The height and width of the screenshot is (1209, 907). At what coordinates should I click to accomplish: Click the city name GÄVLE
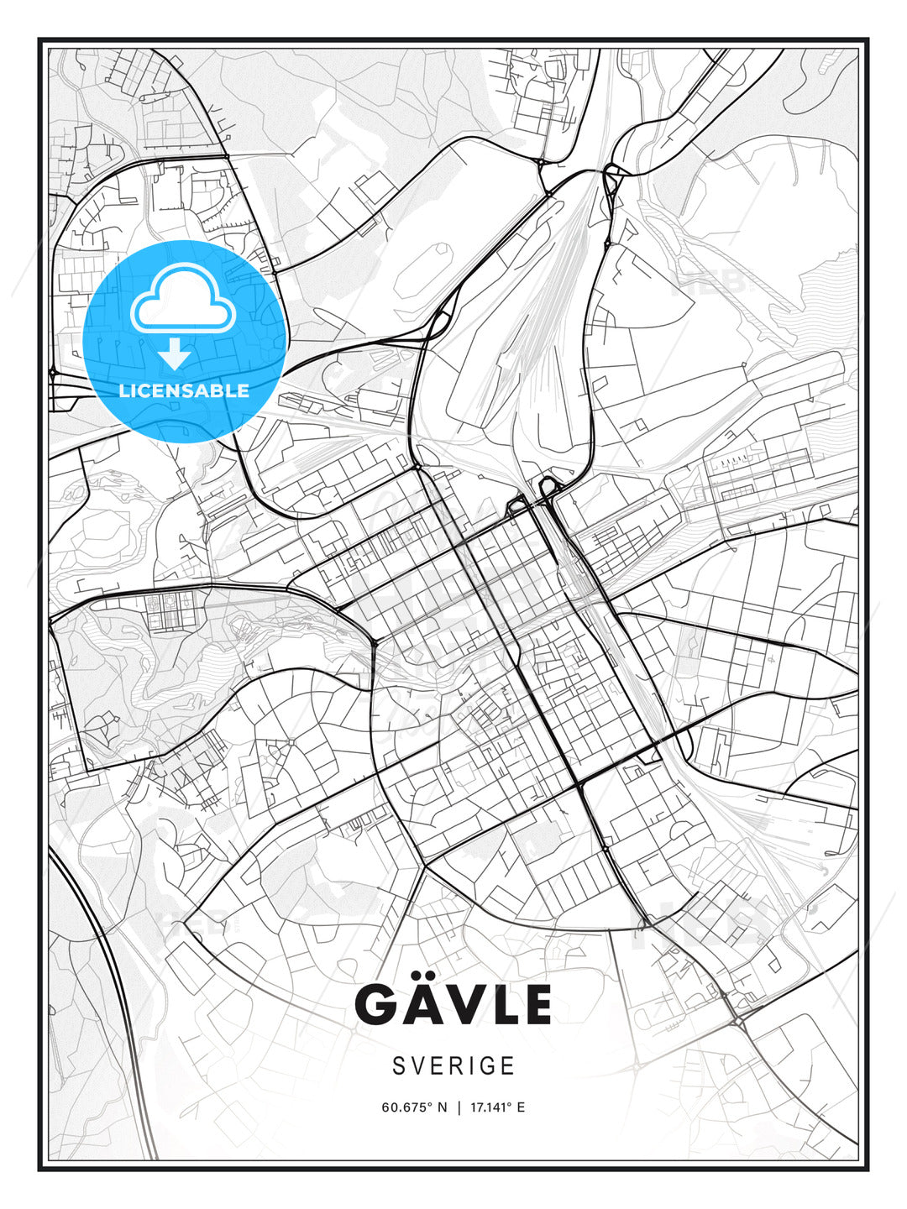click(x=453, y=1004)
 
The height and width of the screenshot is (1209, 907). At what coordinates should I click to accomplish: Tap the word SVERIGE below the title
click(x=453, y=1065)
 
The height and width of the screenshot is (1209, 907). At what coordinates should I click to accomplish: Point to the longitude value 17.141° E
click(x=497, y=1107)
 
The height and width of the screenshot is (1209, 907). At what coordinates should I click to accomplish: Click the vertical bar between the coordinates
click(x=459, y=1107)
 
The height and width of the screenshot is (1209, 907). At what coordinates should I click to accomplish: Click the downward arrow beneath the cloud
click(x=175, y=354)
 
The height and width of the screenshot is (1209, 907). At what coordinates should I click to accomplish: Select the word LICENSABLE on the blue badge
click(x=184, y=390)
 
